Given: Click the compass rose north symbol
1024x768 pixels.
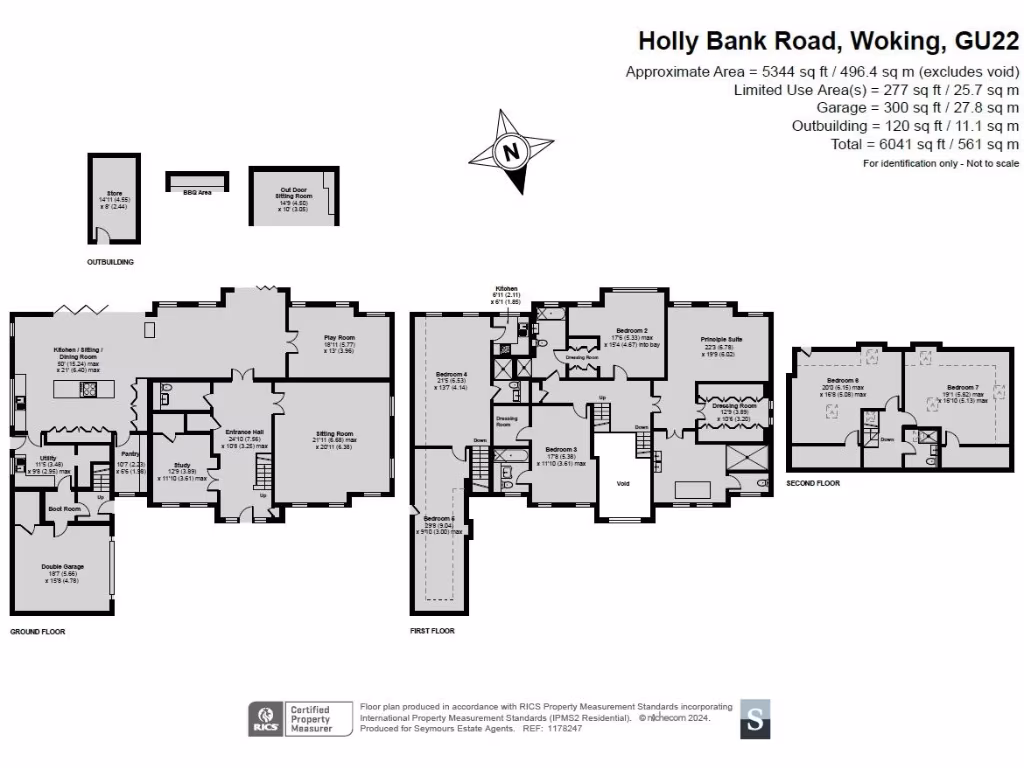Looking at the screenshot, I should click(511, 153).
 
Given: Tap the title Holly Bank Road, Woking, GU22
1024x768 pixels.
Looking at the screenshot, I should click(828, 41).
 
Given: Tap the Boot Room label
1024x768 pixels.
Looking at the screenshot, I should click(64, 509).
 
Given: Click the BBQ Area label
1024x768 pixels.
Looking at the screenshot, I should click(197, 192).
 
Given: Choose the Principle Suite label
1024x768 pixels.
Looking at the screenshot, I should click(720, 341).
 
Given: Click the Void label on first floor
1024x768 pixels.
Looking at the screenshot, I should click(623, 483).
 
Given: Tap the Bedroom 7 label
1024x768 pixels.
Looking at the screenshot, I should click(962, 387).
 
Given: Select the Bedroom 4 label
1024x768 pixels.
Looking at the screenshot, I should click(451, 377).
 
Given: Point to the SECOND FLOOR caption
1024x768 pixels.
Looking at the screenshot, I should click(813, 483).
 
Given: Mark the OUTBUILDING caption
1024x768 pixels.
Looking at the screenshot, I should click(110, 262).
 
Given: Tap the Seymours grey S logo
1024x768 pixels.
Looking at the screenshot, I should click(757, 719).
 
